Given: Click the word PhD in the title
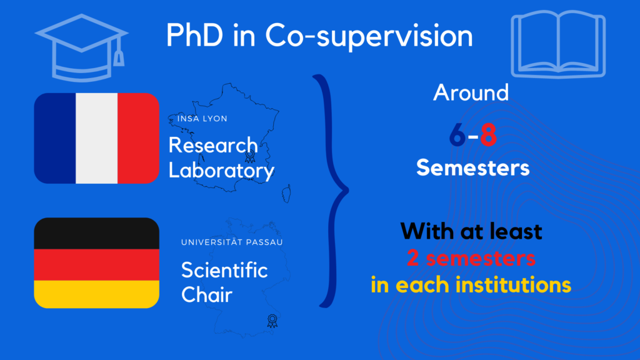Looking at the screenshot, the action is coord(195,35).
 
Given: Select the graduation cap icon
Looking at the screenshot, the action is coord(82,47).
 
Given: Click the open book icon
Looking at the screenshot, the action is coord(558,44).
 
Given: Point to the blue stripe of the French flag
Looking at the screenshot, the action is coord(55,138).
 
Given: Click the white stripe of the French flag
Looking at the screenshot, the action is coord(97,138).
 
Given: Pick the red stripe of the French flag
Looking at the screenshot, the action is coord(138,138).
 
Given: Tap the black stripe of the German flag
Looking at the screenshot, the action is coord(97,234).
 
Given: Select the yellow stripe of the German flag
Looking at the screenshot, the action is coord(97,294).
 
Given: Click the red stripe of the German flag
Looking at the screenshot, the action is coord(97,265).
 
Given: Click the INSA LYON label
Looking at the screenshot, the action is coord(202,119).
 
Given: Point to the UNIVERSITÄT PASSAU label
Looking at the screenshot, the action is coord(232,242).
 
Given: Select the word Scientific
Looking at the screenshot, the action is coord(224,270).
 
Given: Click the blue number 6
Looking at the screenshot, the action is coord(457,135).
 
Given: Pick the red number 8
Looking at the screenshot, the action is coord(488,135).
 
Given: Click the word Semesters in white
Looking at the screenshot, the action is coord(472,167).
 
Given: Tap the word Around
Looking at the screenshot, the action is coord(471,92).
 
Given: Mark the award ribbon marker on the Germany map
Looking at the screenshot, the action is coord(272,321).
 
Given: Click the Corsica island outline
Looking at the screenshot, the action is coord(286,194).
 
